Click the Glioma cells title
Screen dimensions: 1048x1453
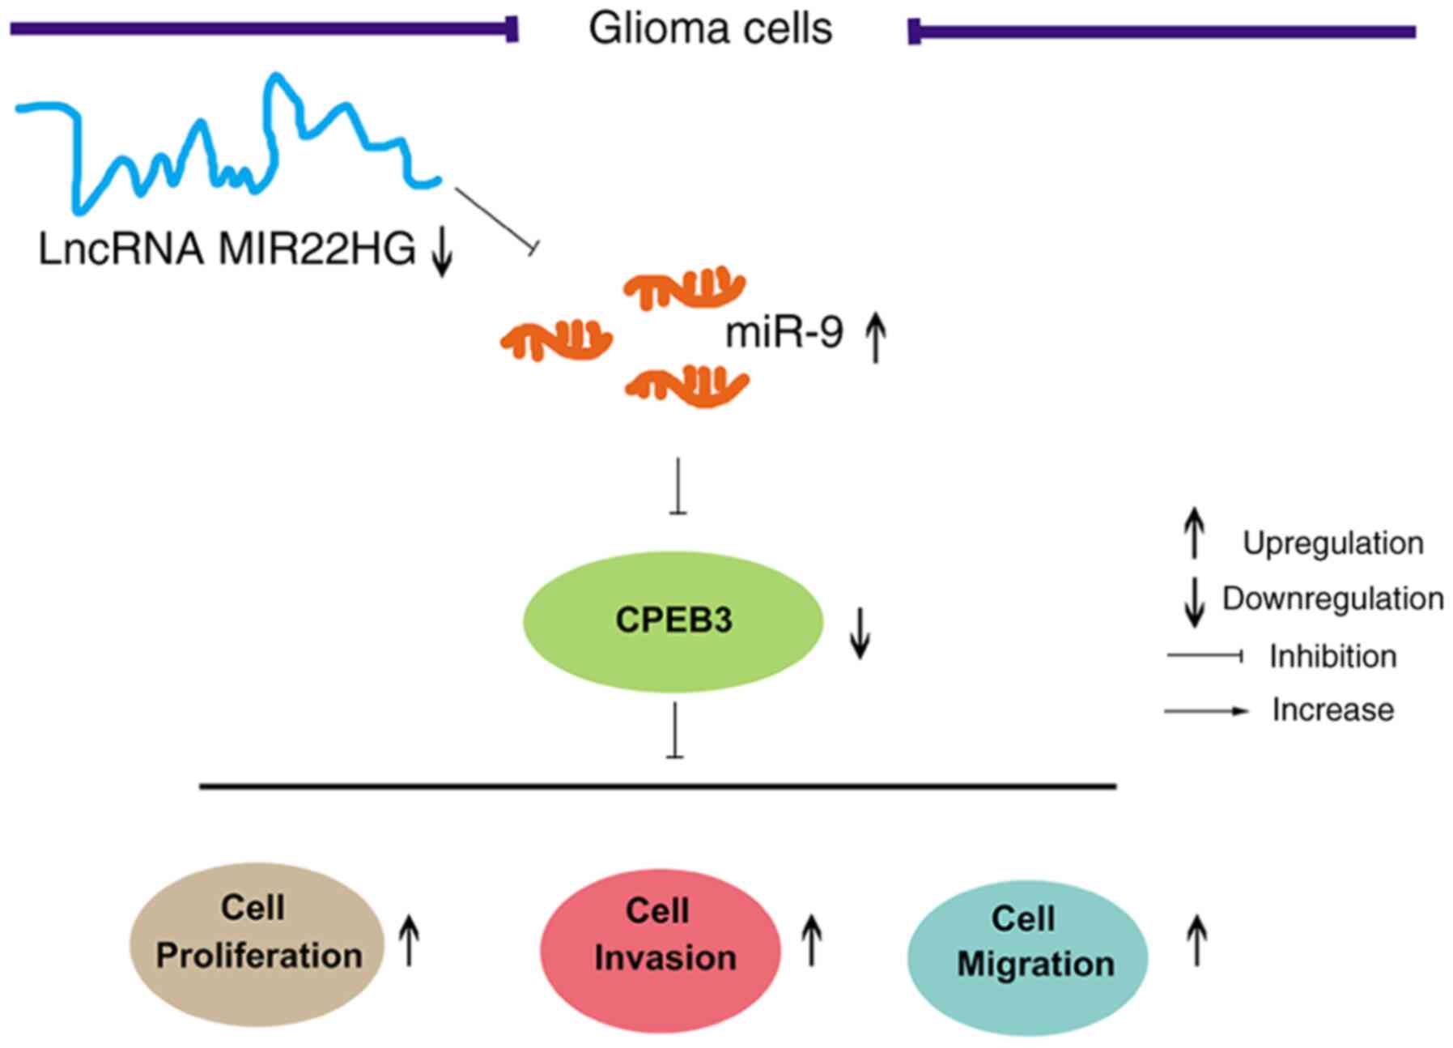710,29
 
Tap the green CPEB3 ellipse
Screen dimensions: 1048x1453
673,621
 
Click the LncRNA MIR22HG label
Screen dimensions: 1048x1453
227,249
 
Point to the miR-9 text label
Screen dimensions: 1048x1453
784,332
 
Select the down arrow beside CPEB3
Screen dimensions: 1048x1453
860,633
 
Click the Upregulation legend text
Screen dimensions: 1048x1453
1332,543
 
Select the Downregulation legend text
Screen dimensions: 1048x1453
1332,599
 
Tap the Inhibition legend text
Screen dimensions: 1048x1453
1332,656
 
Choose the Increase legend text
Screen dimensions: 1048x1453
1332,710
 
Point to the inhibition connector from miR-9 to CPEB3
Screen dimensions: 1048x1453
678,486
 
